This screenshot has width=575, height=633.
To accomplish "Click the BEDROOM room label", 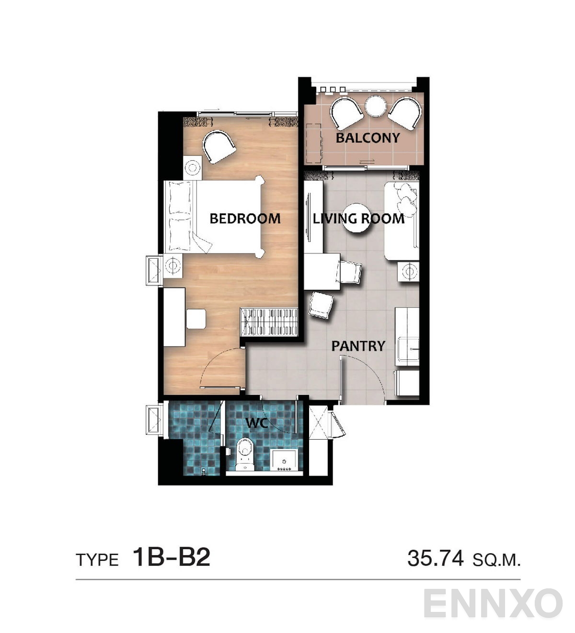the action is point(245,219).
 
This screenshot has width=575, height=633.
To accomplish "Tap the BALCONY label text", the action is point(368,138).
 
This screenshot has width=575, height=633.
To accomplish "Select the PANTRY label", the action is point(358,346).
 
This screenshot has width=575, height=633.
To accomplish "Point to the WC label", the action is point(257,423).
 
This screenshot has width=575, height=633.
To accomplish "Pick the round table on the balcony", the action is point(376,107).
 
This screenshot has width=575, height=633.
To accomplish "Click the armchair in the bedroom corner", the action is point(218,147).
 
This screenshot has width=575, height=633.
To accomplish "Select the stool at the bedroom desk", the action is point(196,319).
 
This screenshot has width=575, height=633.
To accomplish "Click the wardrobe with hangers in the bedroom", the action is point(269,322).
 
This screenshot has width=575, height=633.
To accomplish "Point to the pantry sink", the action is point(409,349).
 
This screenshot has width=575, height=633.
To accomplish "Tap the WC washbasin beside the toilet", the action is point(284,461).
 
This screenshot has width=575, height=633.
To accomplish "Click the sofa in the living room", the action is point(402,221).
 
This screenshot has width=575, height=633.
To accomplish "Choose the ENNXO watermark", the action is point(493,603).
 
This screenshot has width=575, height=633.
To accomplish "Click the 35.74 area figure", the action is point(436,558).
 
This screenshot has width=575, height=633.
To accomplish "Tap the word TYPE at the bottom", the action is point(97,560).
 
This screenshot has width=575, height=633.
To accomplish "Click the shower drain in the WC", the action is point(205,472).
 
